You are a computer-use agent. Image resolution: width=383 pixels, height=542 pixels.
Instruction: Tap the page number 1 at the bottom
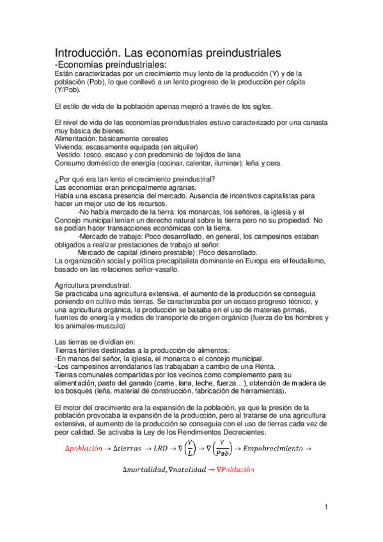click(x=325, y=507)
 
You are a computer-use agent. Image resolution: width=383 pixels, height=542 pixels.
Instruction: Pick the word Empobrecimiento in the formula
click(x=272, y=449)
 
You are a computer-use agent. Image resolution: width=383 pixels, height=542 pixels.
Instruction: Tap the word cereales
click(x=134, y=137)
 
